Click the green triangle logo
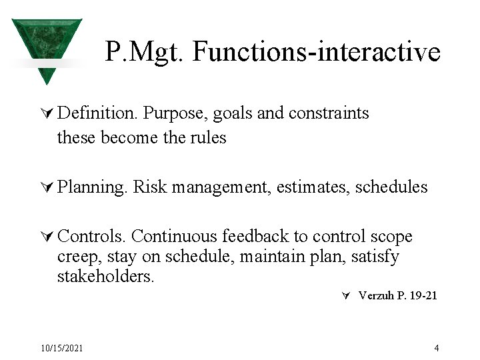tap(47, 46)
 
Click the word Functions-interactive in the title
tap(317, 51)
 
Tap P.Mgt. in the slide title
tap(144, 52)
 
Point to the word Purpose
tap(173, 114)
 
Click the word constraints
tap(329, 113)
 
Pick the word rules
tap(209, 137)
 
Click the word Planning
tap(92, 187)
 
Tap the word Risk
tap(150, 187)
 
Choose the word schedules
tap(391, 187)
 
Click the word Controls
tap(91, 236)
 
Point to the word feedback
tap(255, 236)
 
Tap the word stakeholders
tap(105, 276)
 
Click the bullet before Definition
tap(47, 113)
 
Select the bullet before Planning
tap(47, 187)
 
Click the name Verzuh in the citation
tap(376, 295)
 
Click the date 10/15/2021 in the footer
tap(62, 348)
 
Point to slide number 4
tap(437, 348)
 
